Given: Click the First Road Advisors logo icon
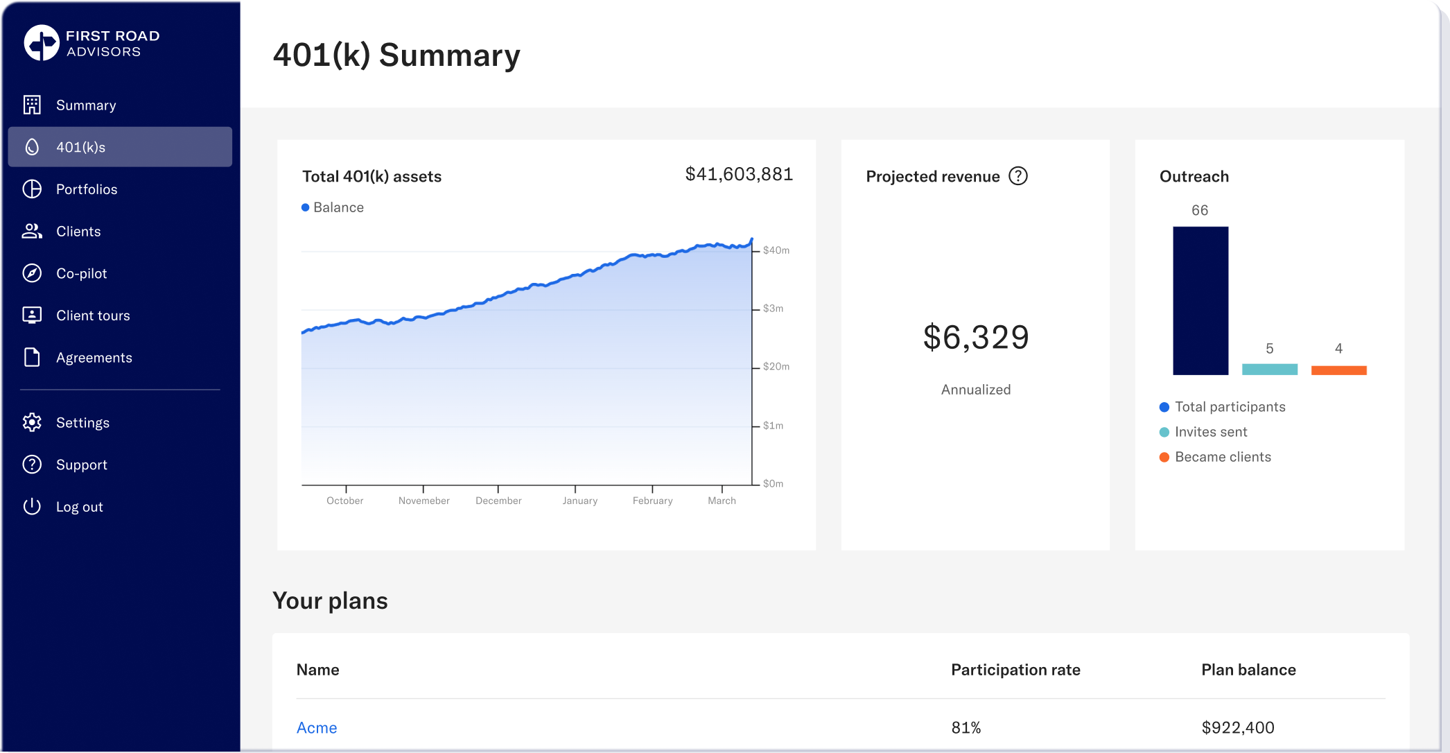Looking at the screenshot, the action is [x=42, y=43].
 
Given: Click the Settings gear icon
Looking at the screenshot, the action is [x=32, y=422].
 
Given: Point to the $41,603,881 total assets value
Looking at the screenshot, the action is [x=739, y=174].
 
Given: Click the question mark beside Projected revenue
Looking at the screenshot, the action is [x=1018, y=176].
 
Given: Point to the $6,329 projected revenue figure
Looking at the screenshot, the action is [x=976, y=338].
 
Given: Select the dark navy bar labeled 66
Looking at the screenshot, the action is [x=1200, y=301].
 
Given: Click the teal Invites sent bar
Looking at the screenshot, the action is [x=1270, y=370].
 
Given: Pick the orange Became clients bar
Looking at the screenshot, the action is [x=1339, y=370].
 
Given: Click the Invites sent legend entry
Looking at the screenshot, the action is [x=1203, y=432].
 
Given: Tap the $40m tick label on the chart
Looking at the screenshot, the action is [x=776, y=250].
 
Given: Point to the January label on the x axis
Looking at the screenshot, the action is [x=580, y=501].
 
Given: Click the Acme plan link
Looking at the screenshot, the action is [x=317, y=727].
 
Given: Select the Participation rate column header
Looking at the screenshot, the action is [x=1015, y=670].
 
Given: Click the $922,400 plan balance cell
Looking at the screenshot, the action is [x=1238, y=727].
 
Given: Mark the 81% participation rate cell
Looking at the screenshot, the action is [x=966, y=727].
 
